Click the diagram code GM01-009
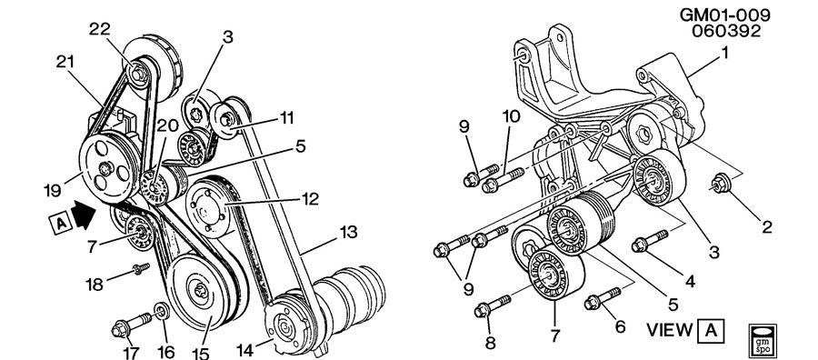(x=725, y=15)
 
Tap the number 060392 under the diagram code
(x=726, y=31)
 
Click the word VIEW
(x=670, y=330)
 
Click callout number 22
(x=99, y=29)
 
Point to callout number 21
(x=65, y=62)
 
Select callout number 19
(x=52, y=190)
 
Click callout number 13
(x=348, y=231)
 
